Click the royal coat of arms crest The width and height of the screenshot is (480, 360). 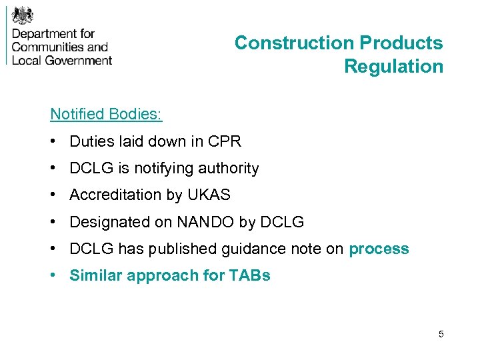point(24,14)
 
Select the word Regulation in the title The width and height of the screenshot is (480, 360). point(393,67)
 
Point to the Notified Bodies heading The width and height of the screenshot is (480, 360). point(106,114)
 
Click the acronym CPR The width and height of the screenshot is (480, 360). point(224,141)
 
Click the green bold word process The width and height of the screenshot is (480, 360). point(379,249)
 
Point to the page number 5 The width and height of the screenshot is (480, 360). point(441,333)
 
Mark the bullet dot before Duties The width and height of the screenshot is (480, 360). point(53,142)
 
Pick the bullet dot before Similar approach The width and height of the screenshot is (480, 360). point(53,276)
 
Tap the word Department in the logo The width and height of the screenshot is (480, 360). point(45,33)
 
